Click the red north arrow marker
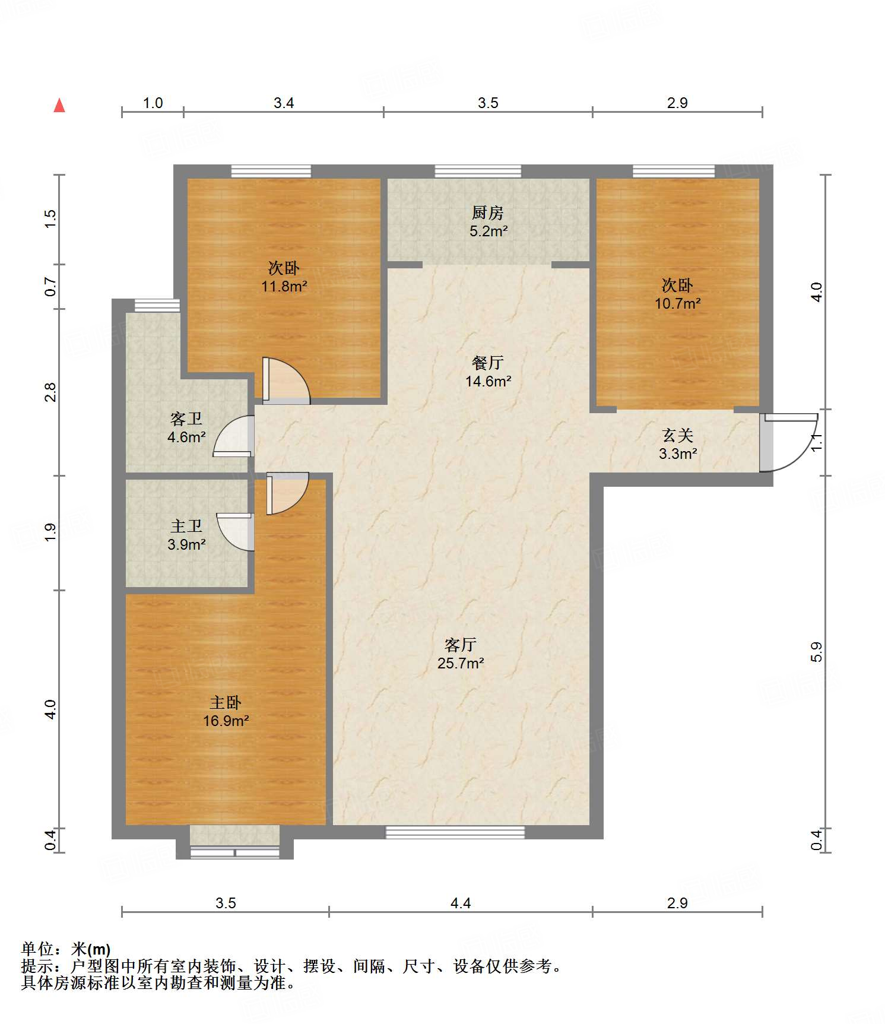[x=59, y=105]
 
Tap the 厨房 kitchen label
[x=487, y=213]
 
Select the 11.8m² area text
[x=284, y=287]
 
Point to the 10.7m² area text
[x=677, y=304]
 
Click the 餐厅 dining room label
[x=488, y=362]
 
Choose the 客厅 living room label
[x=461, y=644]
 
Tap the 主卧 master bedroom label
[x=226, y=702]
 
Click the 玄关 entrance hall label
[x=678, y=436]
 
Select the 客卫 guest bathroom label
[x=186, y=419]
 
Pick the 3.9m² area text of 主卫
[x=186, y=544]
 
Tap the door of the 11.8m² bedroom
[x=286, y=381]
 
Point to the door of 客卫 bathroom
[x=233, y=436]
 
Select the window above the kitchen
[x=478, y=171]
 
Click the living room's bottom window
[x=455, y=832]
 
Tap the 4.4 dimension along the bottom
[x=461, y=903]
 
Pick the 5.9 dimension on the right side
[x=817, y=652]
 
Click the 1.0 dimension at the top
[x=153, y=103]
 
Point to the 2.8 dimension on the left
[x=50, y=392]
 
